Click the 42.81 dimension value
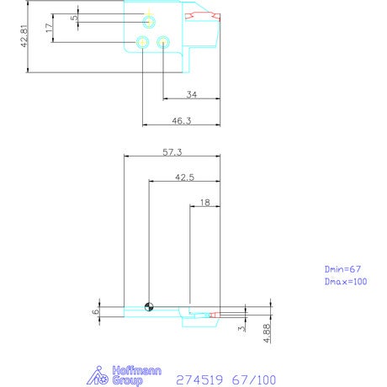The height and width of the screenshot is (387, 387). (24, 36)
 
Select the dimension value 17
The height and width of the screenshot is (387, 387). (49, 28)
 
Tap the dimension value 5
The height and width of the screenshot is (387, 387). (74, 18)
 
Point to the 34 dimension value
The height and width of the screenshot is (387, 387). (192, 94)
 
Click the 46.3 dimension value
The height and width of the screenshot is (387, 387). (182, 121)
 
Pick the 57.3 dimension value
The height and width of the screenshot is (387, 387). (172, 152)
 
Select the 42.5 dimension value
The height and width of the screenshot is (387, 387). (184, 178)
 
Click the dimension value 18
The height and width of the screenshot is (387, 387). (205, 203)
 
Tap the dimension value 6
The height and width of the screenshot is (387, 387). (96, 311)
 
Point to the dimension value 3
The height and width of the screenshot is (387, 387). (241, 328)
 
